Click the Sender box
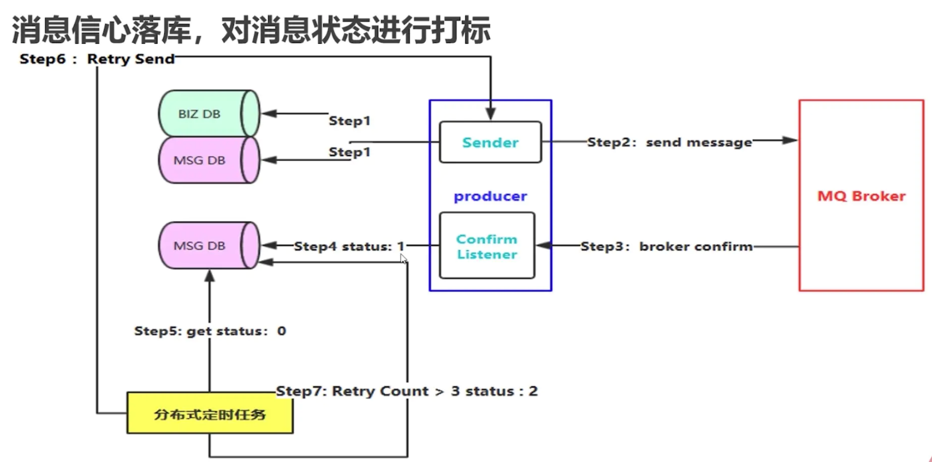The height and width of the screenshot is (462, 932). pyautogui.click(x=490, y=142)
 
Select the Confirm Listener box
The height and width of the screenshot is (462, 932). pyautogui.click(x=487, y=246)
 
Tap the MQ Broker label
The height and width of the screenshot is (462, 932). pyautogui.click(x=861, y=196)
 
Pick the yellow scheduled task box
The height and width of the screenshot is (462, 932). pyautogui.click(x=209, y=413)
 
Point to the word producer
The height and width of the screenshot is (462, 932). pyautogui.click(x=490, y=196)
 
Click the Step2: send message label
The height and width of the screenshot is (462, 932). pyautogui.click(x=669, y=142)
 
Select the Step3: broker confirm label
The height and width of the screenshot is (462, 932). pyautogui.click(x=666, y=246)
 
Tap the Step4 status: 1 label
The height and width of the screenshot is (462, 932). pyautogui.click(x=349, y=246)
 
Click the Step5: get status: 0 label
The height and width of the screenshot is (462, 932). pyautogui.click(x=210, y=331)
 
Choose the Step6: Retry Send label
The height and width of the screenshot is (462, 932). pyautogui.click(x=97, y=59)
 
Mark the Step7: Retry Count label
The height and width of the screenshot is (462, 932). pyautogui.click(x=407, y=391)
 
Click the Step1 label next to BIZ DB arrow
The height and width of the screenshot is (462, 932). pyautogui.click(x=349, y=120)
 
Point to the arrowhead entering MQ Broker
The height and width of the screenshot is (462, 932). pyautogui.click(x=790, y=140)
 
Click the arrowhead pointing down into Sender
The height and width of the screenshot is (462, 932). pyautogui.click(x=491, y=114)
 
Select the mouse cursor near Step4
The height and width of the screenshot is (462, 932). pyautogui.click(x=403, y=258)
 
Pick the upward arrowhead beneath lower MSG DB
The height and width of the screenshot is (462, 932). pyautogui.click(x=209, y=276)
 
